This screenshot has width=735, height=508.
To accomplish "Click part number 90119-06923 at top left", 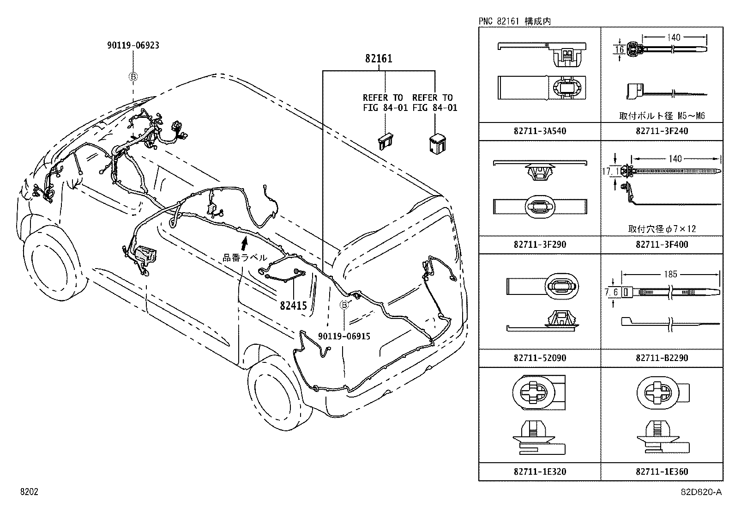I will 133,45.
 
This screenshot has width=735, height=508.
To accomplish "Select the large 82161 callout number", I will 379,59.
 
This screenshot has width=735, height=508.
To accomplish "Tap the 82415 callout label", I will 293,306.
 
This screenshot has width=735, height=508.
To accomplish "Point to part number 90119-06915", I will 344,337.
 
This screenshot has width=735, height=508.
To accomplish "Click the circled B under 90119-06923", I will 133,77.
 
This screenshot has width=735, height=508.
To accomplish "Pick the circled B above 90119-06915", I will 344,305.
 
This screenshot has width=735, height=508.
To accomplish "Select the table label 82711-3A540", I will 539,131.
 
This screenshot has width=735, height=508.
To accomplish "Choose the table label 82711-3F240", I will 662,131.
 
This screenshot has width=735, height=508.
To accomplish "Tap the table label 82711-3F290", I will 539,245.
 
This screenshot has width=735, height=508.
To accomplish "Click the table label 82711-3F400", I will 662,245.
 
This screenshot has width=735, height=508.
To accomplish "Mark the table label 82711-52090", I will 539,358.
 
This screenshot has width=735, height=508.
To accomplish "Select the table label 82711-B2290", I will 662,358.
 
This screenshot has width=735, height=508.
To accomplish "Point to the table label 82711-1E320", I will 539,472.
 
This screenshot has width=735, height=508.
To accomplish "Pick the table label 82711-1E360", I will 662,472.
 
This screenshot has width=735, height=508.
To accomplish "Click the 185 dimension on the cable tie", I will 670,274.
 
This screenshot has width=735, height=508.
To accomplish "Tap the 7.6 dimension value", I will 611,292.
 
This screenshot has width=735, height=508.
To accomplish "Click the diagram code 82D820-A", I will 700,492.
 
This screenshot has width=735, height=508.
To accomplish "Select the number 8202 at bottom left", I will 29,492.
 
